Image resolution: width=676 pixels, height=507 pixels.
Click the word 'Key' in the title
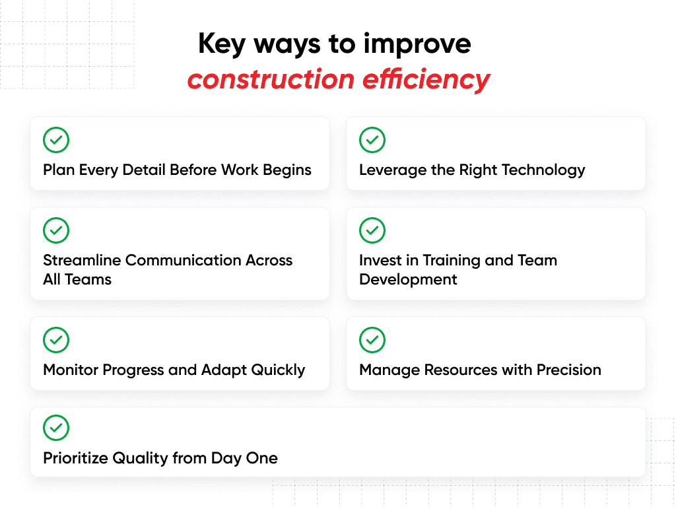click(222, 44)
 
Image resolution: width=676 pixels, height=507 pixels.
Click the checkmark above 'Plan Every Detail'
click(56, 140)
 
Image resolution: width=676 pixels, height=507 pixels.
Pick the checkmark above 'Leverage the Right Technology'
click(372, 140)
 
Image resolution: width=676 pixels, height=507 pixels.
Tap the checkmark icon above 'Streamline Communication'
click(56, 230)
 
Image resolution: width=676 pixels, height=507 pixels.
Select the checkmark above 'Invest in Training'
click(372, 230)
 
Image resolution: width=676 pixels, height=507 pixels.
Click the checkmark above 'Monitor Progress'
click(56, 340)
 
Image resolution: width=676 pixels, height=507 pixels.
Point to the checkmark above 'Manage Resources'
click(372, 340)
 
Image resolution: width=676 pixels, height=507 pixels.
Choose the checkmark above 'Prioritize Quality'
click(56, 428)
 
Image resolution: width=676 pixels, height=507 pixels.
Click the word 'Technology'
click(545, 170)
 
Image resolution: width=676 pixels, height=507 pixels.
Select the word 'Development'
click(408, 279)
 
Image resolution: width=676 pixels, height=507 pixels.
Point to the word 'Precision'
click(568, 370)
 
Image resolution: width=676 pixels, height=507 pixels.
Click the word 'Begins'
click(287, 170)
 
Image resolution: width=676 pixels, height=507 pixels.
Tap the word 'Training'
click(451, 260)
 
